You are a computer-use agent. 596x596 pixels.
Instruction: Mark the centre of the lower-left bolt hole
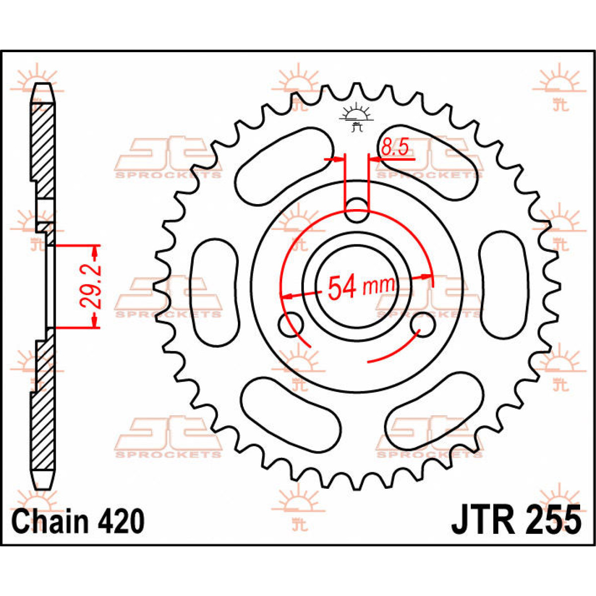pos(291,325)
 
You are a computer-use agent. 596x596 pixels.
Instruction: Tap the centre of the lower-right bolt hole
pos(423,325)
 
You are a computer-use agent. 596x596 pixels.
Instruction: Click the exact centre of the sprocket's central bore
pos(357,287)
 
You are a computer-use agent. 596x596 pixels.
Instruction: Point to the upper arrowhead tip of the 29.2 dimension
pos(95,245)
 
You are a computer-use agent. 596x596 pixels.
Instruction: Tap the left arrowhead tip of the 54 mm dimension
pos(282,298)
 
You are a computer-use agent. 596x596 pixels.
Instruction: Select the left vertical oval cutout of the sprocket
pos(215,292)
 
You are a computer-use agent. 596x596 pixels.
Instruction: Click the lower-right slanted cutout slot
pos(434,412)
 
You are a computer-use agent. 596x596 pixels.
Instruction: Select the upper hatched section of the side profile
pos(43,151)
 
